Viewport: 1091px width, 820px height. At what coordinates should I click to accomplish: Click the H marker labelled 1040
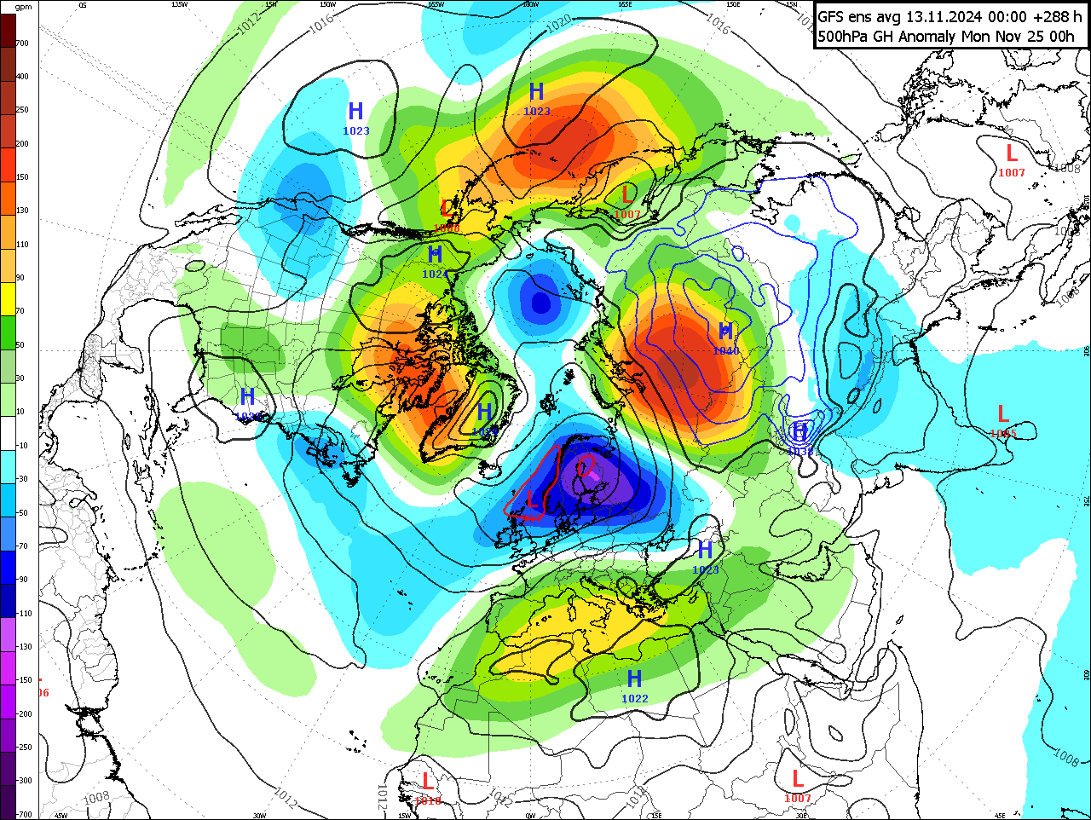(x=725, y=332)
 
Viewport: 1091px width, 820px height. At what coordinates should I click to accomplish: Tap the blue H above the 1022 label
(x=634, y=679)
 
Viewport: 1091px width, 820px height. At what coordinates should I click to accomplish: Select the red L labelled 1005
(x=1003, y=415)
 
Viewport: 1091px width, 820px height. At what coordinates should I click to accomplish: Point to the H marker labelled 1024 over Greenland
(x=484, y=413)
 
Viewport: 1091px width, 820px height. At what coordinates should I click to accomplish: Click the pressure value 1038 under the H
(x=799, y=451)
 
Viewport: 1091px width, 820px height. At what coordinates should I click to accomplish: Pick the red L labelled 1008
(x=447, y=208)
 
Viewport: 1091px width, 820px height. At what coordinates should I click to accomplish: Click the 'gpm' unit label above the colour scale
(x=23, y=7)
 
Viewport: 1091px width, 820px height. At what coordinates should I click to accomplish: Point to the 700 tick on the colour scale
(x=22, y=43)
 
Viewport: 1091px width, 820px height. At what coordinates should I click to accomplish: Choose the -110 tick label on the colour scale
(x=23, y=614)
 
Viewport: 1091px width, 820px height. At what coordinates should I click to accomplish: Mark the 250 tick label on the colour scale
(x=22, y=110)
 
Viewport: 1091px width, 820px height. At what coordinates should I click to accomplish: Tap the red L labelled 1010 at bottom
(x=428, y=781)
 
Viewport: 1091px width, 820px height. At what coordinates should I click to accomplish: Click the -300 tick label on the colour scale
(x=23, y=781)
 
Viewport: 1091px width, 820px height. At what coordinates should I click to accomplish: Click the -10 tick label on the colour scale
(x=23, y=446)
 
